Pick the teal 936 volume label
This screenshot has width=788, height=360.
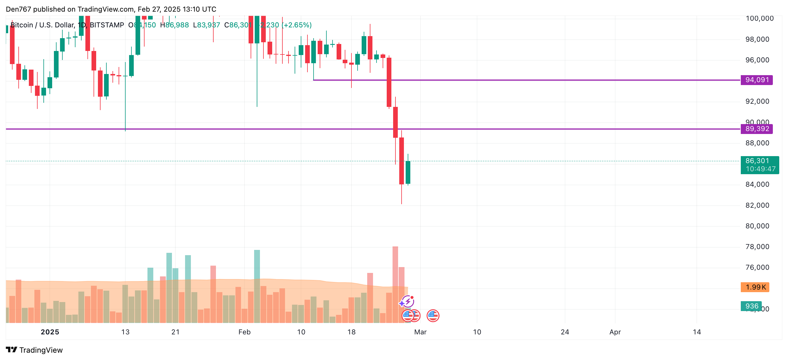751,306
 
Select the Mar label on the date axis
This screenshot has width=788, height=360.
420,332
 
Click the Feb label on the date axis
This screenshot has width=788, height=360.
244,332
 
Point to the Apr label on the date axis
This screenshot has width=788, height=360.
615,332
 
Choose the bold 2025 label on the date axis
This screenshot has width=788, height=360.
50,332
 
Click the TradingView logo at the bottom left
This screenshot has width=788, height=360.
34,350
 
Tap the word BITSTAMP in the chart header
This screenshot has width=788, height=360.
107,25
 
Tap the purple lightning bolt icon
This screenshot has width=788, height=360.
408,301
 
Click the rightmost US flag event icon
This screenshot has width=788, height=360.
433,315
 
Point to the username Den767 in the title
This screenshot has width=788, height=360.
18,9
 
